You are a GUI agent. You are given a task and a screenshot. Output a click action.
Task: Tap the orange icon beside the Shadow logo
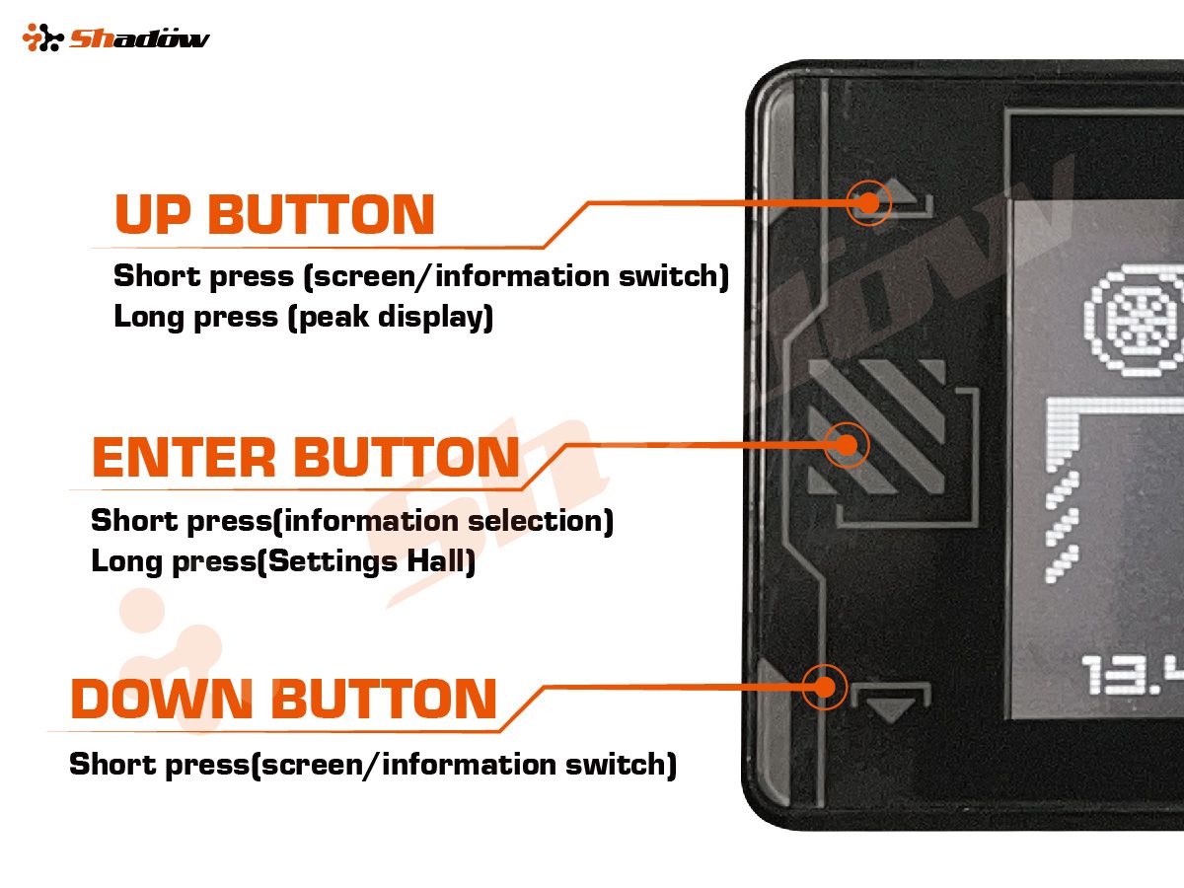click(x=42, y=38)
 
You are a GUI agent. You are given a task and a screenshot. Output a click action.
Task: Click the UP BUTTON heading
click(x=274, y=214)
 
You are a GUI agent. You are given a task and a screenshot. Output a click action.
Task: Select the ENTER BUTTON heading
click(x=305, y=458)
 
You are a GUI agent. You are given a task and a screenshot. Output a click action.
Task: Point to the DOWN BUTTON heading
click(x=283, y=699)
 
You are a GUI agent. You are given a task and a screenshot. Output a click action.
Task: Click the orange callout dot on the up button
click(x=868, y=203)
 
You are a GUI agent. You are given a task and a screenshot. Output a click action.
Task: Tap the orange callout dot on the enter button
click(x=845, y=445)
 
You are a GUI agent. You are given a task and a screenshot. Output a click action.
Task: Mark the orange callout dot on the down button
click(x=824, y=686)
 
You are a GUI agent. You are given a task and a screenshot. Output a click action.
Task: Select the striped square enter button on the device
click(x=876, y=426)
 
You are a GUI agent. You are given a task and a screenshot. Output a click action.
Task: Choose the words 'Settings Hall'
click(x=371, y=562)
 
